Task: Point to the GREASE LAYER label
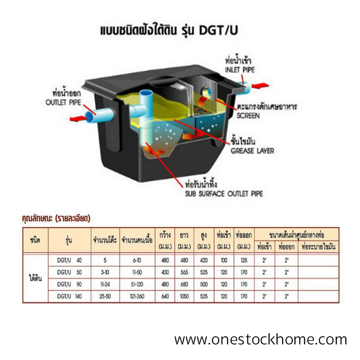pos(253,151)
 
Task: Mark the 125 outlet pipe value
pos(244,260)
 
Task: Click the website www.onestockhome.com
pos(260,339)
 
